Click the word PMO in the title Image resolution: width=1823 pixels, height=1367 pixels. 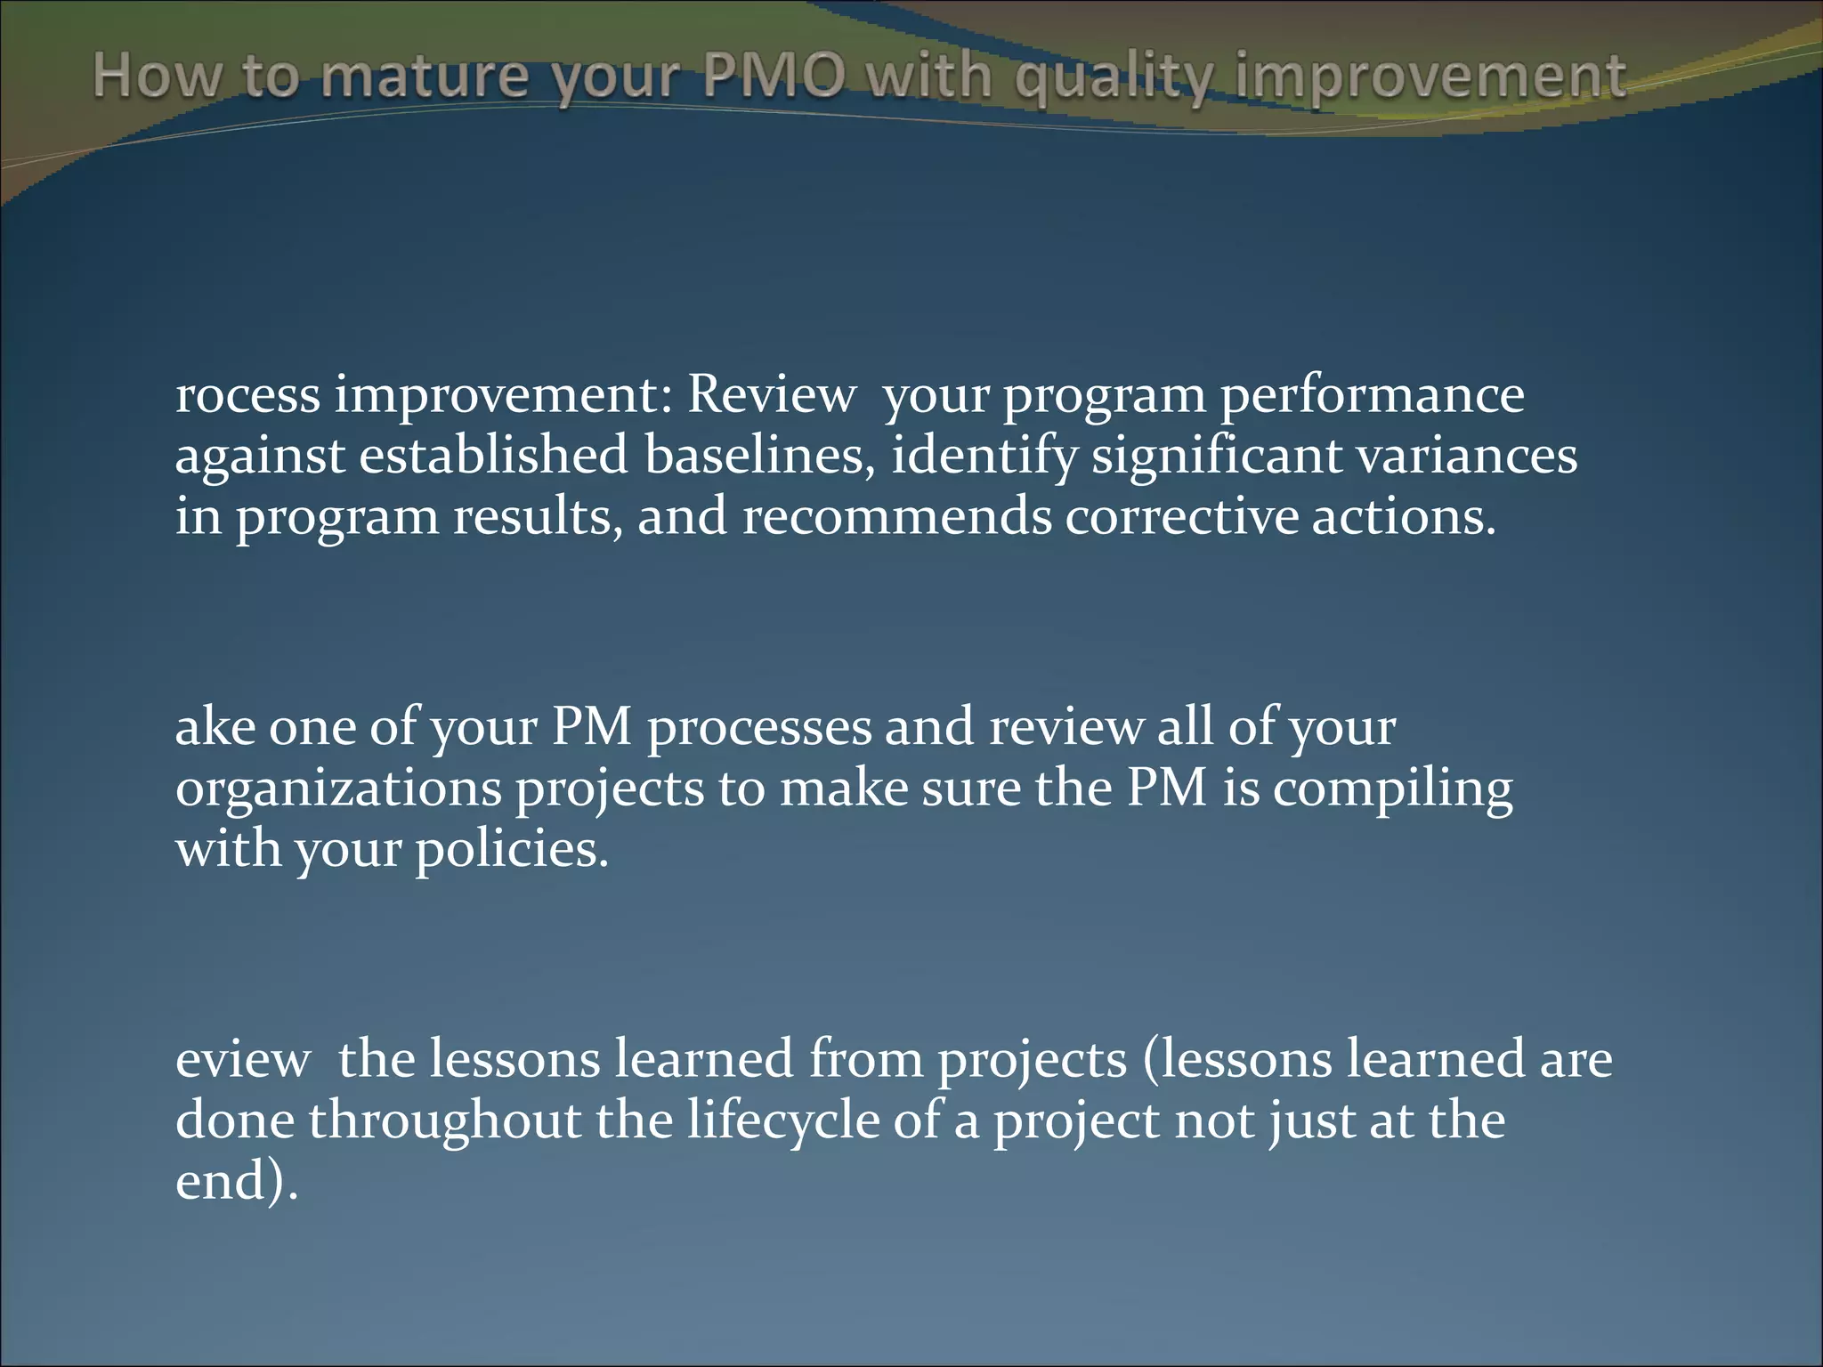[x=773, y=77]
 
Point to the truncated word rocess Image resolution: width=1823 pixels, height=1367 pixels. [x=247, y=395]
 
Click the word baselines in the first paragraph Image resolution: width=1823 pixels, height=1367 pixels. [x=758, y=456]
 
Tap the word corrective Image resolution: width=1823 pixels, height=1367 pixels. [x=1180, y=516]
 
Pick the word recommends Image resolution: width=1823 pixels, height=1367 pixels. [x=896, y=516]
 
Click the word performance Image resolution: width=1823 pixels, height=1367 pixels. [x=1371, y=395]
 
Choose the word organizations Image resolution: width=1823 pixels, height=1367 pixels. [x=338, y=789]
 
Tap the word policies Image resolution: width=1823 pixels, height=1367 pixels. [x=512, y=849]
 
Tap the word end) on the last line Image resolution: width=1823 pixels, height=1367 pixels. [x=236, y=1181]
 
